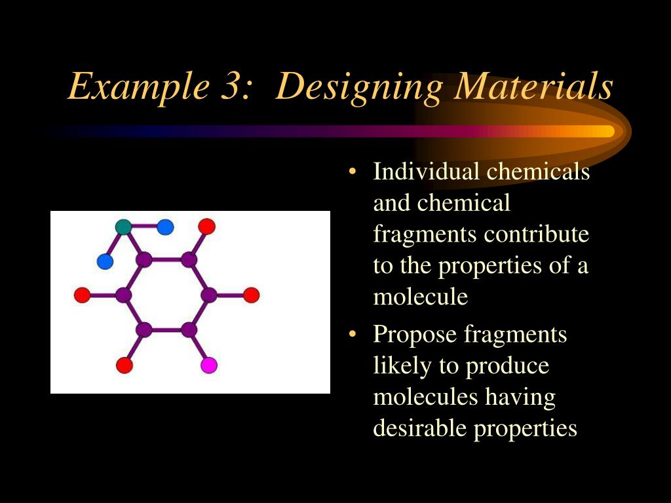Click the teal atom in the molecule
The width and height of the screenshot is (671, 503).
123,227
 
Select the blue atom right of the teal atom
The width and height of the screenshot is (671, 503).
165,227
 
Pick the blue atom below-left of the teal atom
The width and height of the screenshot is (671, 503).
105,262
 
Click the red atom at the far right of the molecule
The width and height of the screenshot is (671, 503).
252,295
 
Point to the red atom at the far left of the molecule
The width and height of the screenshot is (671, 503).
82,295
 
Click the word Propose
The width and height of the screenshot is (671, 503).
415,335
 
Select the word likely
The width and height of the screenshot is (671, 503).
402,366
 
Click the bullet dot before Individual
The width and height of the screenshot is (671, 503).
353,173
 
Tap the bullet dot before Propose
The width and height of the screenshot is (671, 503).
353,335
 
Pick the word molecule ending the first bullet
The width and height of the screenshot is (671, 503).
420,297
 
